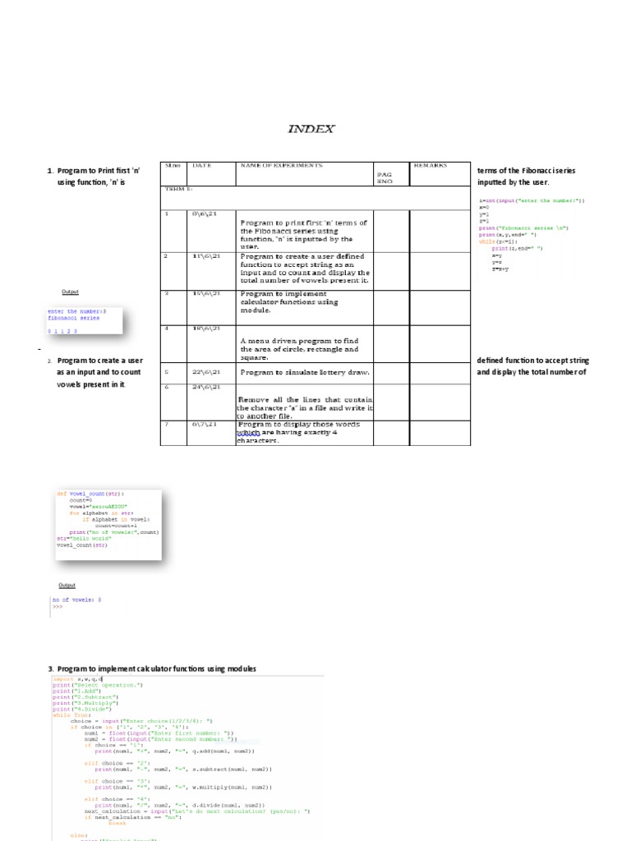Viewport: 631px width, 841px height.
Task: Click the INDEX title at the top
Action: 311,129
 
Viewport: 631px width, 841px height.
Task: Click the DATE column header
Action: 201,165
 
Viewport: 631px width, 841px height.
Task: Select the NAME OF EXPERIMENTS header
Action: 281,165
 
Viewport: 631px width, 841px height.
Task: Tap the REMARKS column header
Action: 431,165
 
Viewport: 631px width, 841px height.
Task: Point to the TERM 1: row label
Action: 178,189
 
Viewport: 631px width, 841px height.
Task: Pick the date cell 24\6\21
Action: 205,386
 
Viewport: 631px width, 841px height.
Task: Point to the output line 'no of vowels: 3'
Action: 76,600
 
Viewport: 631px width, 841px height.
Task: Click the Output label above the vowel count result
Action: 67,585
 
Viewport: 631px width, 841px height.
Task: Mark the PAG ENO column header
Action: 385,177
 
